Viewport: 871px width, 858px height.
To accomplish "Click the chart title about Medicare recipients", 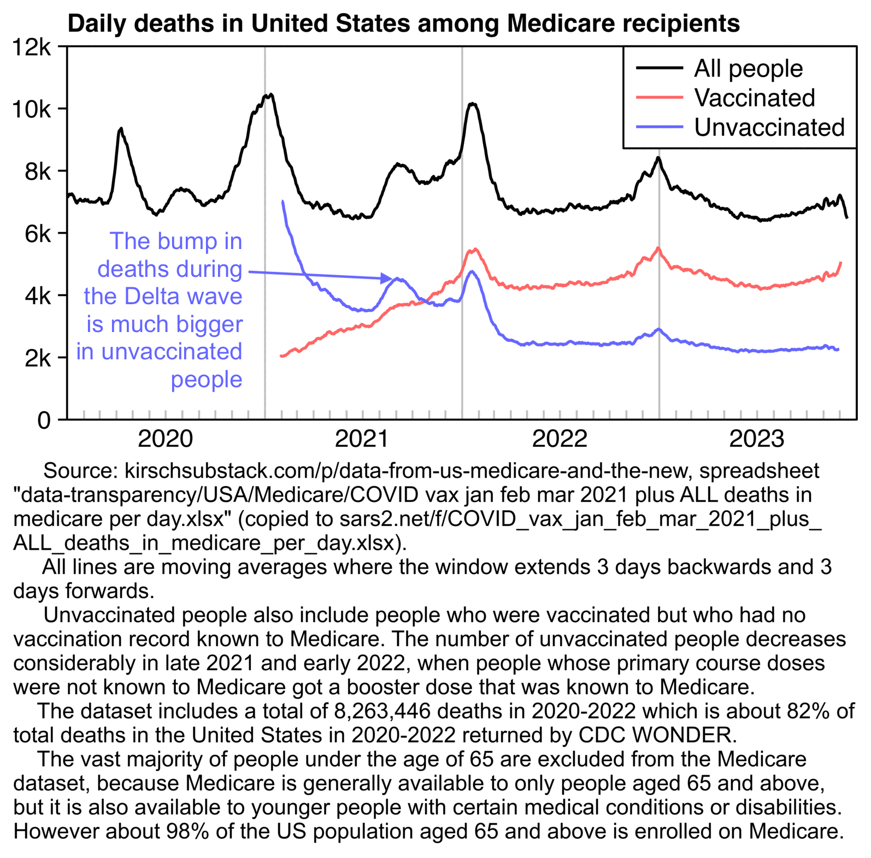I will (403, 23).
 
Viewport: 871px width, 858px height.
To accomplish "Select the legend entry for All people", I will (748, 69).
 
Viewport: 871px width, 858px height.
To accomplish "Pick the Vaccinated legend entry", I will (754, 98).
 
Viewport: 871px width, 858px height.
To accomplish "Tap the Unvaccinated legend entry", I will (769, 128).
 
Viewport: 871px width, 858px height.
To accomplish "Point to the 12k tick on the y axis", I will (31, 48).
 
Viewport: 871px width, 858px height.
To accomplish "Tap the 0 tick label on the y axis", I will (44, 421).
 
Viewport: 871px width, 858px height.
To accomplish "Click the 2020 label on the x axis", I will (165, 439).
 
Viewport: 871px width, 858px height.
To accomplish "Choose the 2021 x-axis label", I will (362, 439).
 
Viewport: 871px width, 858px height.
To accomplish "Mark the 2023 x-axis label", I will (756, 439).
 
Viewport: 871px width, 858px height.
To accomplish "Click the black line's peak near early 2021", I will (268, 96).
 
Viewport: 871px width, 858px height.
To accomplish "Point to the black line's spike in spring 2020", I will (121, 129).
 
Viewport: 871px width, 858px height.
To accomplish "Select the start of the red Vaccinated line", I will (281, 356).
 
